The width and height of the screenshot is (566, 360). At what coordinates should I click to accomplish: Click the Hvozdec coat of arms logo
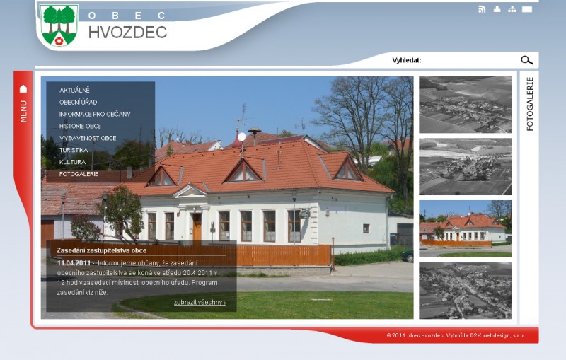tap(59, 25)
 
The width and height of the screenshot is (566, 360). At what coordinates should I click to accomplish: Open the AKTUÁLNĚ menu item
tap(74, 91)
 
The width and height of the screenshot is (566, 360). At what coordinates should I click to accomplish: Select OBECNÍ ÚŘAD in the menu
tap(78, 102)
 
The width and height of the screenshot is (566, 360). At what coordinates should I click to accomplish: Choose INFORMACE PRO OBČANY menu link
tap(95, 114)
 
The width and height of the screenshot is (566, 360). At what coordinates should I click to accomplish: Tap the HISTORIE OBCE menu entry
tap(80, 126)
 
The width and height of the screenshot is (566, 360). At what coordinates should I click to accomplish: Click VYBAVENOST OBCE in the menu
tap(88, 138)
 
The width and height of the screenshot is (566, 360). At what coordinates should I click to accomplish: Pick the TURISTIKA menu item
tap(74, 150)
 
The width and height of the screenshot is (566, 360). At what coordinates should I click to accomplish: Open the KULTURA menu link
tap(72, 162)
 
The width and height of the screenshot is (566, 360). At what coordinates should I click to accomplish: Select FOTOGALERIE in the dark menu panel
tap(79, 174)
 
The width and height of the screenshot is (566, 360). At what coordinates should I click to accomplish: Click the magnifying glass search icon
tap(526, 60)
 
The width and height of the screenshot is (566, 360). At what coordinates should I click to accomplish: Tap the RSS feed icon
tap(482, 9)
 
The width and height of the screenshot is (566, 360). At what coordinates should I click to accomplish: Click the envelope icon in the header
tap(527, 9)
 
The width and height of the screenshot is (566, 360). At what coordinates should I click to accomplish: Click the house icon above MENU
tap(23, 88)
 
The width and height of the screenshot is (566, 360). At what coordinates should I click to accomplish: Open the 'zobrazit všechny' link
tap(200, 302)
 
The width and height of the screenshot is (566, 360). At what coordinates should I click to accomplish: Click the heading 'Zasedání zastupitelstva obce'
tap(101, 250)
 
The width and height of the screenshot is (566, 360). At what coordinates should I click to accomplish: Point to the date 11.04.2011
tap(74, 263)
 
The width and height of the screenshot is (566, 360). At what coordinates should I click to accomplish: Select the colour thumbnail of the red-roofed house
tap(465, 228)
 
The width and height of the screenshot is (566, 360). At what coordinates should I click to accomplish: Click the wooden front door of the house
tap(197, 227)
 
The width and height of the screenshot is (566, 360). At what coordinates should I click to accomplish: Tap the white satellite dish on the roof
tap(241, 137)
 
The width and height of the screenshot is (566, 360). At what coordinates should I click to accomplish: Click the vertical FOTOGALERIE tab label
tap(529, 104)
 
